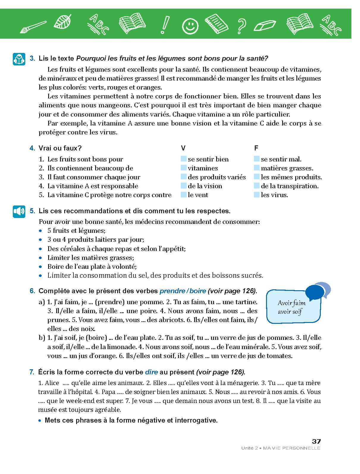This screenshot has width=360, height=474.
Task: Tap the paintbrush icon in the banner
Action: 33,26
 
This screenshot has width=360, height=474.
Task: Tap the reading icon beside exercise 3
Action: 19,59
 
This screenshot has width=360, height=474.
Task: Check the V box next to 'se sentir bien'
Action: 184,159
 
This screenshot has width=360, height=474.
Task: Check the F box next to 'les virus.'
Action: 257,195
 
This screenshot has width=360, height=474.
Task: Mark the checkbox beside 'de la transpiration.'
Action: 257,186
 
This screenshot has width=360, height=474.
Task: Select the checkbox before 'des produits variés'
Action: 184,177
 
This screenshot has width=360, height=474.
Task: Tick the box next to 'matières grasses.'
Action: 257,168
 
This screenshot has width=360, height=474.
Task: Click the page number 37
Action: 316,442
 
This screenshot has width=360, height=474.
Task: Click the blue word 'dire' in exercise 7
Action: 151,372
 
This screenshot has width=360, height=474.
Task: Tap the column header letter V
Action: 183,148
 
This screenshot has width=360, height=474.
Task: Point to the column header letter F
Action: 256,148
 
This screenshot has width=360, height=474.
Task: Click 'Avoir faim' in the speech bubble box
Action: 292,303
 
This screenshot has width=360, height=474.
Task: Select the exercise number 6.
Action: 32,291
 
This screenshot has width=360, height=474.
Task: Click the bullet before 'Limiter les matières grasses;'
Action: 41,258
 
